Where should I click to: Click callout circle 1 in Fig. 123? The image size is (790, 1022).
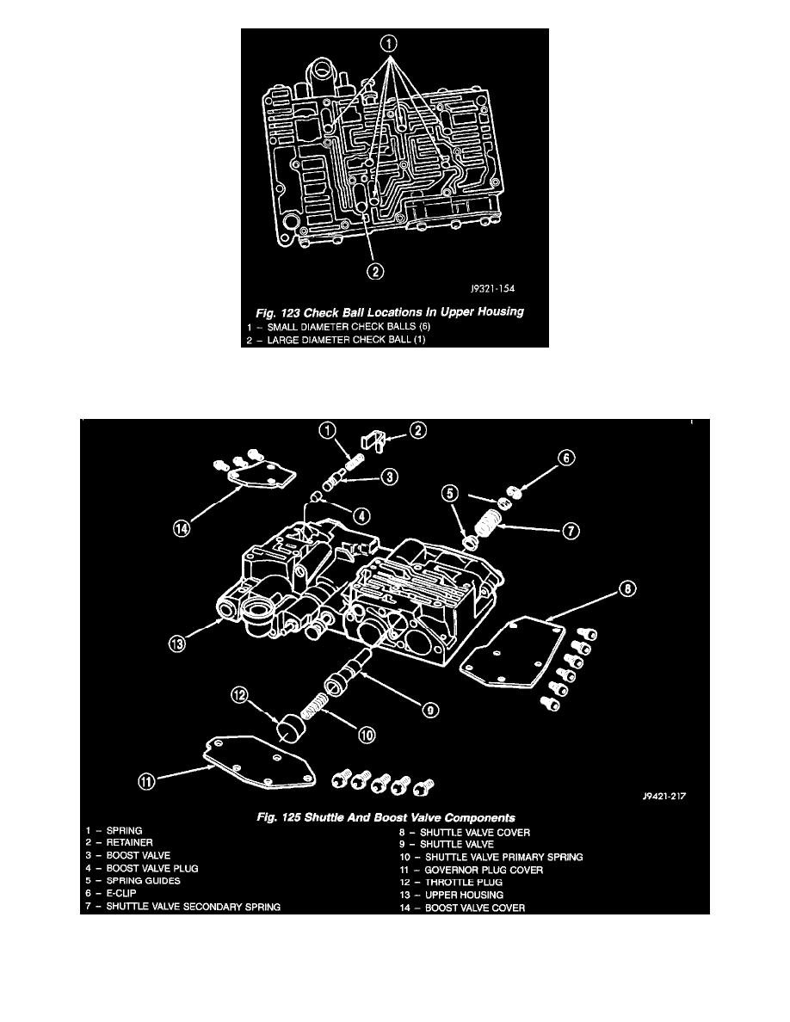388,44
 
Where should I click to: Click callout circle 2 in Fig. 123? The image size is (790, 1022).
375,270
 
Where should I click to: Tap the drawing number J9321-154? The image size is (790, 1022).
493,289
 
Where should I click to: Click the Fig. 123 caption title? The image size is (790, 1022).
390,311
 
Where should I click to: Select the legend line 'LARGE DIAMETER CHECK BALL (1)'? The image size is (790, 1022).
346,340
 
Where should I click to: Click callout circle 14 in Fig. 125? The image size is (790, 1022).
182,528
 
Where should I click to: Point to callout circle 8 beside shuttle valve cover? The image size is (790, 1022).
626,588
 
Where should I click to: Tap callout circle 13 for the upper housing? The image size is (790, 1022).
177,644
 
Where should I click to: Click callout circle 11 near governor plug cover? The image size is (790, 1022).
147,781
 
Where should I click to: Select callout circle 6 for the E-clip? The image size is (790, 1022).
565,458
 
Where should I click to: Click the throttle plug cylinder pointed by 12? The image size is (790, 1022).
290,727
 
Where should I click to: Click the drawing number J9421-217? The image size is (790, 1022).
664,796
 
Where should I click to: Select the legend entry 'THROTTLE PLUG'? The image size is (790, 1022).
464,883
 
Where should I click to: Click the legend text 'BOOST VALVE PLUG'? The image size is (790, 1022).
152,868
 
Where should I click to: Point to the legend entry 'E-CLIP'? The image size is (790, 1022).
121,894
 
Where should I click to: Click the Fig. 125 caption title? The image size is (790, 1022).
386,817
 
